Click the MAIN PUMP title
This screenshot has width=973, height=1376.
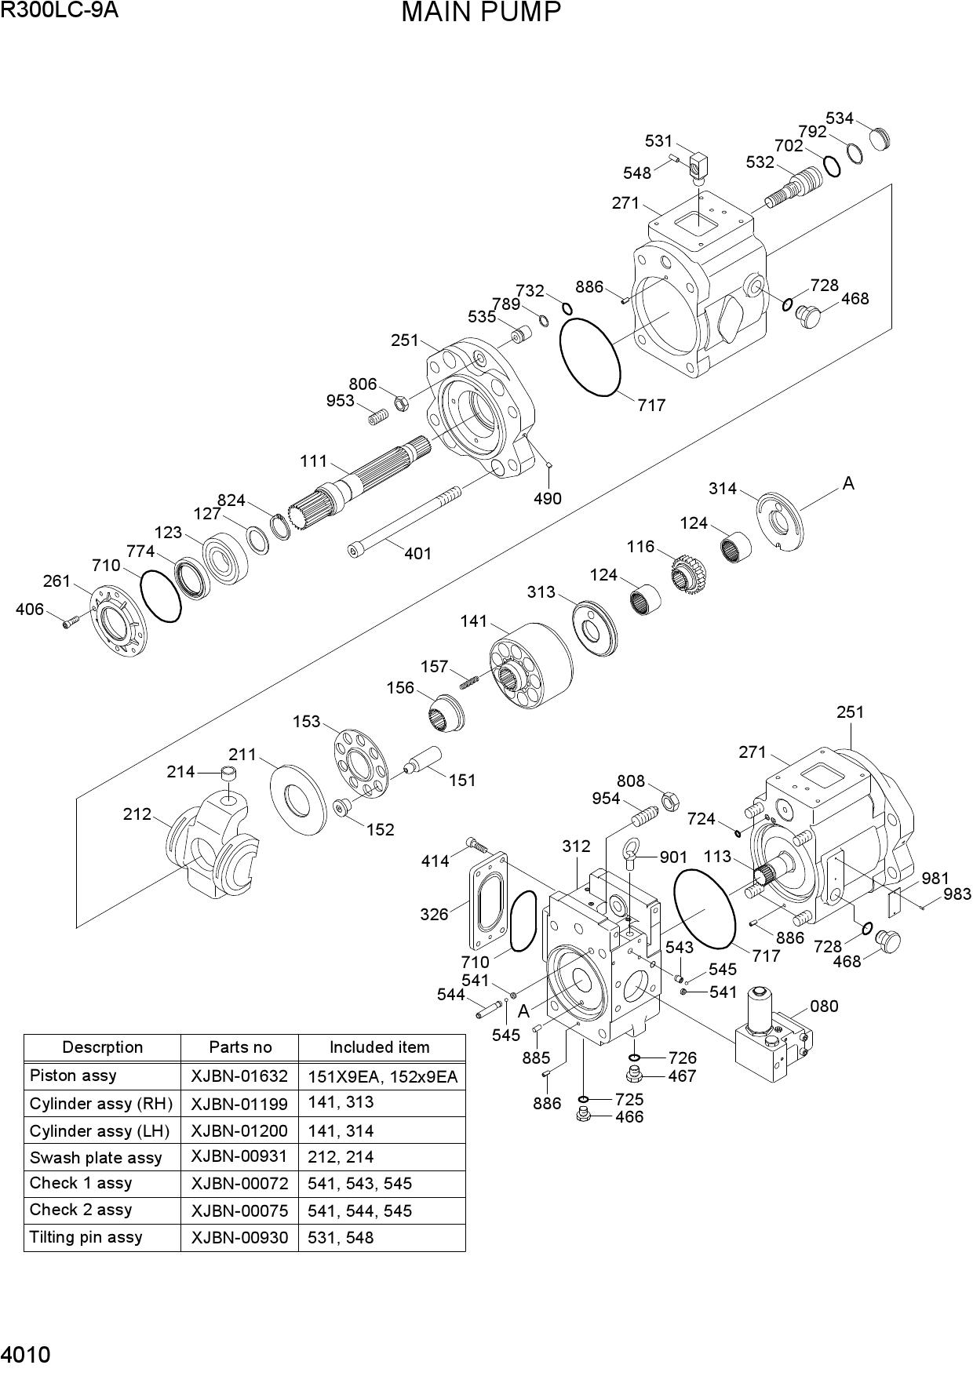pos(481,13)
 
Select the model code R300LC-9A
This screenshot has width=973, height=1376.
pos(59,10)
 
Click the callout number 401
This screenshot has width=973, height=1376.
pos(417,554)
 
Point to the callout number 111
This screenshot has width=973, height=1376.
pos(313,461)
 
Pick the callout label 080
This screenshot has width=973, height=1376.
pos(824,1007)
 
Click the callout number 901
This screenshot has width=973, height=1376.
pos(673,857)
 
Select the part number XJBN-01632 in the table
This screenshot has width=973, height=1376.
pos(239,1076)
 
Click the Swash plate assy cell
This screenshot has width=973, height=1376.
pos(96,1158)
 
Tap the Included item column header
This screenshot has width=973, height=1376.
pos(380,1047)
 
